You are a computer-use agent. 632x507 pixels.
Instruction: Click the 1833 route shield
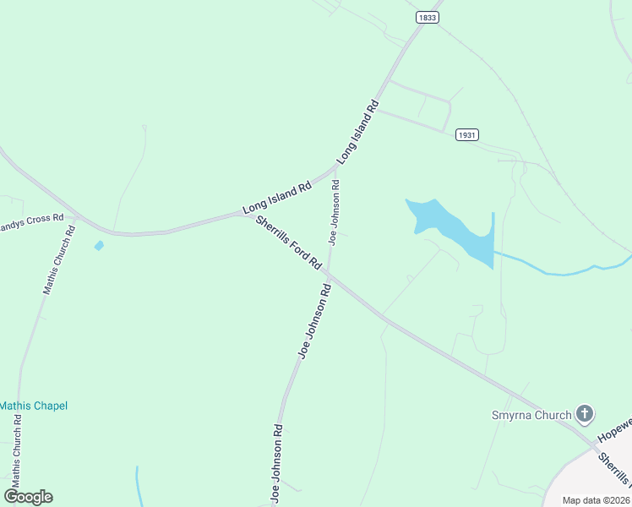(x=427, y=17)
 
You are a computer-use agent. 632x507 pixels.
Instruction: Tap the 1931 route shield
(x=466, y=134)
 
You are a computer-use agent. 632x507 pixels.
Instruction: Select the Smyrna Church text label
(x=531, y=415)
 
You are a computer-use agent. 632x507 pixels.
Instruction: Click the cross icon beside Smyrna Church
(x=583, y=414)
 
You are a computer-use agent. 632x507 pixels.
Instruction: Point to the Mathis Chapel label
(x=33, y=406)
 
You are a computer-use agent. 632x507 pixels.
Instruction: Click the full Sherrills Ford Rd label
(x=289, y=243)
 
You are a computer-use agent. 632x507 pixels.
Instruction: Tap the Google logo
(x=28, y=497)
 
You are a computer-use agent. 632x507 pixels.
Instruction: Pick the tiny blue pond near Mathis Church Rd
(x=99, y=246)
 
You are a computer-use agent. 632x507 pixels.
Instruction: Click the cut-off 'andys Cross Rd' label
(x=32, y=218)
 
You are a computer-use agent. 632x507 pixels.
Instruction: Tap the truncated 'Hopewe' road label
(x=613, y=430)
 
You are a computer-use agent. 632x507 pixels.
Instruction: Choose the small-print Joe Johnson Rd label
(x=335, y=212)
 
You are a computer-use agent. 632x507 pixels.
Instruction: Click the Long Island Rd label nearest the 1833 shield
(x=357, y=132)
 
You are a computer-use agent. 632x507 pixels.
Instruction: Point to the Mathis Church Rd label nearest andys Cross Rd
(x=57, y=259)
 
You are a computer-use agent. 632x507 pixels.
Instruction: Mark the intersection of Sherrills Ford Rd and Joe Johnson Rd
(x=328, y=274)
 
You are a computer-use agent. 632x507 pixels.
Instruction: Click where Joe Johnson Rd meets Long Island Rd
(x=337, y=166)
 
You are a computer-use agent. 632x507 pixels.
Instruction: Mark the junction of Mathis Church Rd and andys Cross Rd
(x=76, y=217)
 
